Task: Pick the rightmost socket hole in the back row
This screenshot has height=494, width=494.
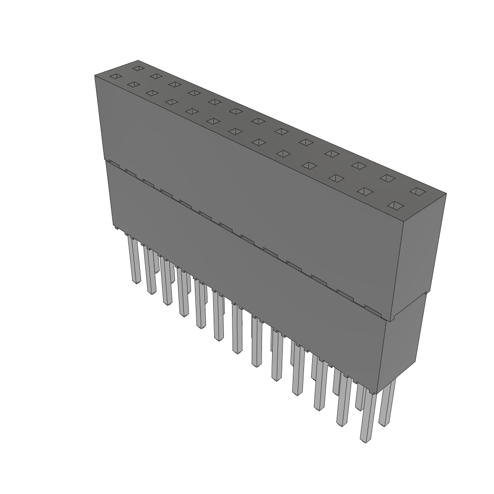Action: point(416,192)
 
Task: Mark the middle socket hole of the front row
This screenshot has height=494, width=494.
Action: point(235,131)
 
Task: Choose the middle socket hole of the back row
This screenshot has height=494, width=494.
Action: point(258,121)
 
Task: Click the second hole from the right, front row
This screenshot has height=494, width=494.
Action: point(365,192)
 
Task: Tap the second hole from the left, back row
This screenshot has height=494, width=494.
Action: point(155,76)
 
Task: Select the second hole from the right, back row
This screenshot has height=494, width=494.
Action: point(387,178)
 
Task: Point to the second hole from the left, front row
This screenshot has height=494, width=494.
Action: point(133,85)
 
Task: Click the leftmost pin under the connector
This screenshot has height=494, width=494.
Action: point(134,261)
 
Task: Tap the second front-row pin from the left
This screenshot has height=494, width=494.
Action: point(150,270)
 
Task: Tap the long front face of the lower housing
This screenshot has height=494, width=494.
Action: point(241,280)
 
